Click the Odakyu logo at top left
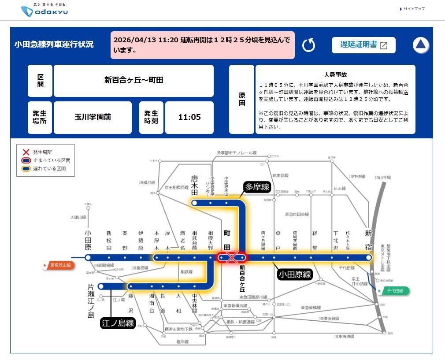coord(44,11)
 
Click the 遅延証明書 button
coord(363,45)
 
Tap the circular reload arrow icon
coord(309,45)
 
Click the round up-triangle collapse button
coord(421,45)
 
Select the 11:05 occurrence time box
coord(189,117)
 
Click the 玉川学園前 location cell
coord(93,117)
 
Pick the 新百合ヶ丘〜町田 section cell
coord(133,81)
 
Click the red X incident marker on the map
coord(232,258)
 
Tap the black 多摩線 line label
coord(256,187)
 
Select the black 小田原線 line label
coord(295,275)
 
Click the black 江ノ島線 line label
coord(118,323)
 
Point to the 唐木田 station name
coord(194,185)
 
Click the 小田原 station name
coord(88,240)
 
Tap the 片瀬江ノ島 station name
coord(91,301)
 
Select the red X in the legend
coord(26,152)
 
